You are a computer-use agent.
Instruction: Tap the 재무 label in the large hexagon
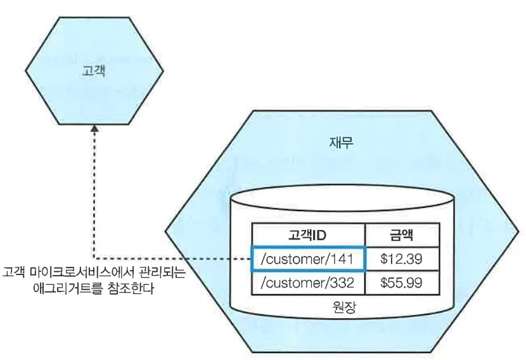[342, 143]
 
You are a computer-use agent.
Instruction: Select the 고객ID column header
[309, 235]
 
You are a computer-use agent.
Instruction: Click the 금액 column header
[401, 235]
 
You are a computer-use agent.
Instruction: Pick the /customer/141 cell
[309, 259]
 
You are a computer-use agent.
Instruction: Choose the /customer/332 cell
[309, 283]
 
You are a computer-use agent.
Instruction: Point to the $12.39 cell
[401, 259]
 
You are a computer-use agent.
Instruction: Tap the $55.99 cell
[401, 283]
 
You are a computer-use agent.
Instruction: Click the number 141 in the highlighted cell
[347, 259]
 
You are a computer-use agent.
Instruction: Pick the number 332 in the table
[347, 283]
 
